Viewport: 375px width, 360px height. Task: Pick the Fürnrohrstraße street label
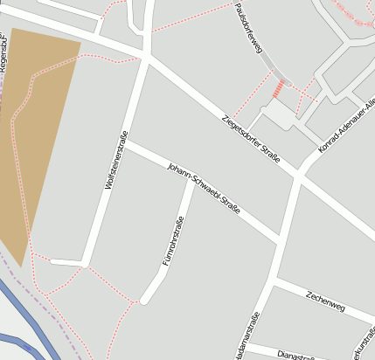point(175,239)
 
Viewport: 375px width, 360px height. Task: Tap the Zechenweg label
point(326,302)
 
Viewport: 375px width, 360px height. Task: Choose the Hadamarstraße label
point(253,336)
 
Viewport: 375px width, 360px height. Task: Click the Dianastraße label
point(295,355)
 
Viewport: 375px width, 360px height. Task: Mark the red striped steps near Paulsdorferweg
point(280,88)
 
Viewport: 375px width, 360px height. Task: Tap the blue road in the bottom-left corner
point(26,323)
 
